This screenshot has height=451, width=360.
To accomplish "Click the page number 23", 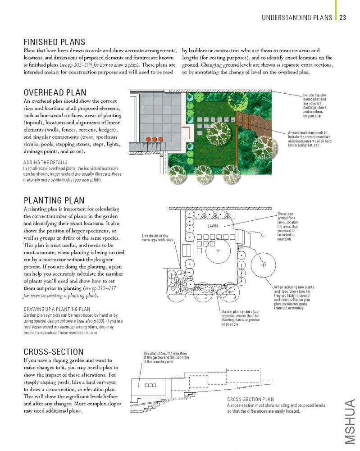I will (x=342, y=18).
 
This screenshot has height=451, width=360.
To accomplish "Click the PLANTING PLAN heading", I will (x=54, y=200).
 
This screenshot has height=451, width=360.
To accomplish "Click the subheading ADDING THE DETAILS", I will (x=45, y=162).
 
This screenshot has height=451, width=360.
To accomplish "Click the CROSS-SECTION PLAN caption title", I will (x=251, y=399).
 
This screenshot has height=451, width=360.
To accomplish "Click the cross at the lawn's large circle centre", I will (x=218, y=251).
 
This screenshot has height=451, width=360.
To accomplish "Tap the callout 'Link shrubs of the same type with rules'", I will (x=155, y=237).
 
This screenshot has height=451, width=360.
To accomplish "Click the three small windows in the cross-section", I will (x=150, y=385).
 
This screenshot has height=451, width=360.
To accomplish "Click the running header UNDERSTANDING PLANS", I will (x=297, y=18).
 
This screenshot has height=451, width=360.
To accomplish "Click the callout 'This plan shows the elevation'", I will (x=164, y=357).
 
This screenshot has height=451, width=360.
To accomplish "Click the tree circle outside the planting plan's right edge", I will (x=263, y=265).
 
